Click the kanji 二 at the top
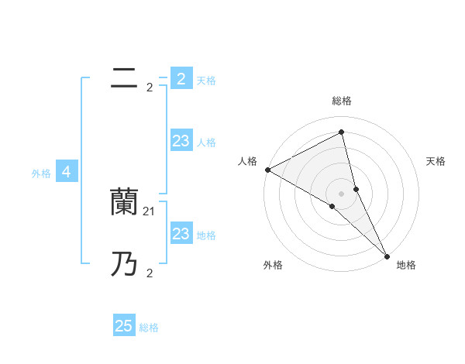point(125,78)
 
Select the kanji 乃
point(124,265)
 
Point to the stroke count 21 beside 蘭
point(150,210)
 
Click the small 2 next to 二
point(150,88)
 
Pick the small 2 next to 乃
point(150,273)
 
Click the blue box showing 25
point(124,326)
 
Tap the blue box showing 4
point(67,172)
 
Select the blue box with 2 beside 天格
point(181,78)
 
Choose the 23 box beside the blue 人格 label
point(181,140)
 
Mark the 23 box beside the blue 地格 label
point(181,233)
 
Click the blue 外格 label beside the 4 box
point(41,173)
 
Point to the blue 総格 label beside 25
point(149,328)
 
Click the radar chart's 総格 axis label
point(342,101)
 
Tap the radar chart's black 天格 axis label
point(436,161)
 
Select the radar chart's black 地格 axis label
point(406,265)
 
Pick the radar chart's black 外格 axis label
point(273,265)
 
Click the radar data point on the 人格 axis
point(267,170)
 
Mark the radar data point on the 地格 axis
point(387,255)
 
